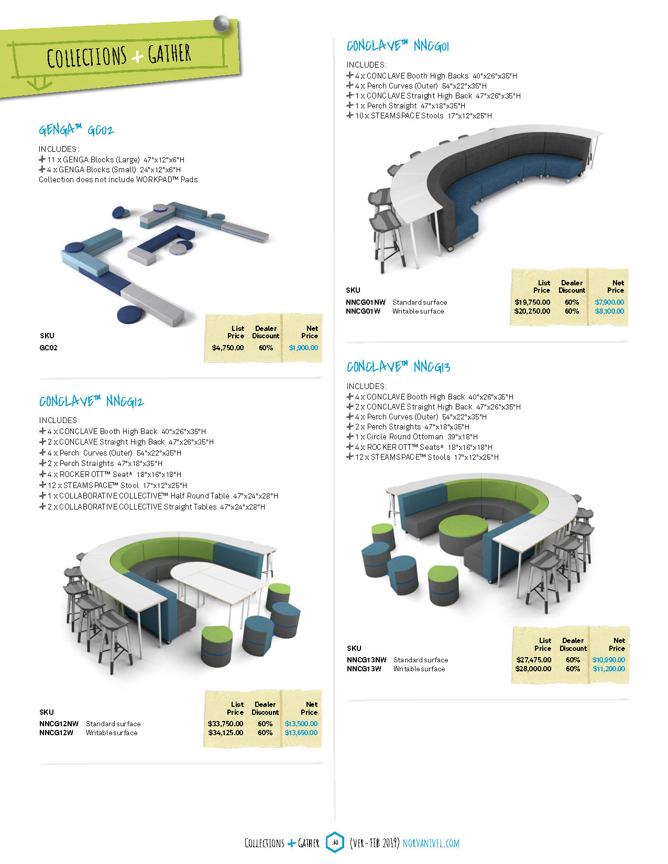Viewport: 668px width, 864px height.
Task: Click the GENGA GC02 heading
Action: (76, 129)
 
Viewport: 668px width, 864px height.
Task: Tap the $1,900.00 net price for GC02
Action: (303, 348)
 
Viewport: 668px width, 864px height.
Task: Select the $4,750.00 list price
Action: (228, 348)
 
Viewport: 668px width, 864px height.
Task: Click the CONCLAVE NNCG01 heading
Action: (398, 46)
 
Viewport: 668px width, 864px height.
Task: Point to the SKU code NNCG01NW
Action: (365, 302)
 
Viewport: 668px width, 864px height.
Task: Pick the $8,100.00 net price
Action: (609, 311)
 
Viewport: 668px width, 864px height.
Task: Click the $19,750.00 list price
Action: (532, 302)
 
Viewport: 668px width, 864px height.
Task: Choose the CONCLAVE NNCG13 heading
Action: (398, 367)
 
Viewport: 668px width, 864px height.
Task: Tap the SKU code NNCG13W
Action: (364, 669)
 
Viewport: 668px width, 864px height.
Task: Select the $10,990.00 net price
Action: (609, 660)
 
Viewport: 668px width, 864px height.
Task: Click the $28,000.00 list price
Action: (533, 669)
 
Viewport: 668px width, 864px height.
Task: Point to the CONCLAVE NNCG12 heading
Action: (91, 402)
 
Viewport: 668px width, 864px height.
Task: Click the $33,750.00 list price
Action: (225, 724)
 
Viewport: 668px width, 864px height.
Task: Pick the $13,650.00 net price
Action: (301, 733)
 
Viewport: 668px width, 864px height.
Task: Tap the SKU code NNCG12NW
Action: (59, 724)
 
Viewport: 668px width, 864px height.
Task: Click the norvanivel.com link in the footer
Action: (431, 843)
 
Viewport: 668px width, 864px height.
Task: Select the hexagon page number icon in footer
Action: (335, 842)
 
